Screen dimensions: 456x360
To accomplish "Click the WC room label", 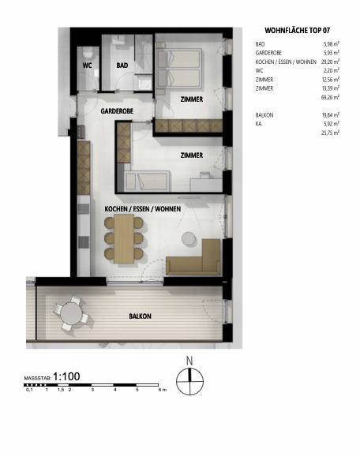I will point(88,65).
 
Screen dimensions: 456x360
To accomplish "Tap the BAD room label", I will point(122,65).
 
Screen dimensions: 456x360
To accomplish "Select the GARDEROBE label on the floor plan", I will point(116,112).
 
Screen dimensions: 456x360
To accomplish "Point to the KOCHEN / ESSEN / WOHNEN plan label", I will point(143,209).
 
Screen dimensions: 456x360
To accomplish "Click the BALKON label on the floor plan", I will point(141,316).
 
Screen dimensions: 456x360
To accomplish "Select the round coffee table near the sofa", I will point(189,238).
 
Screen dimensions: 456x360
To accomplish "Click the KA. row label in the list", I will point(261,124).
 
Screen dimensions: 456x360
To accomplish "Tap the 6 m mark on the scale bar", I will point(161,391).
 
